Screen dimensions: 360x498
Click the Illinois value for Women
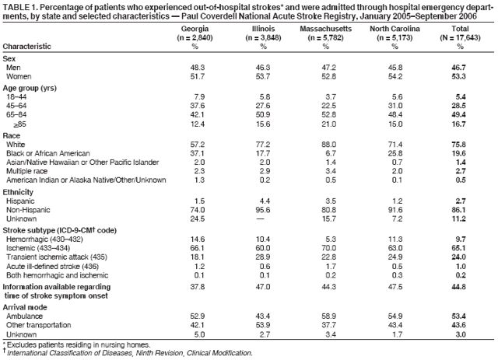(258, 76)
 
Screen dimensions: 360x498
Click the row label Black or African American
(48, 152)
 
